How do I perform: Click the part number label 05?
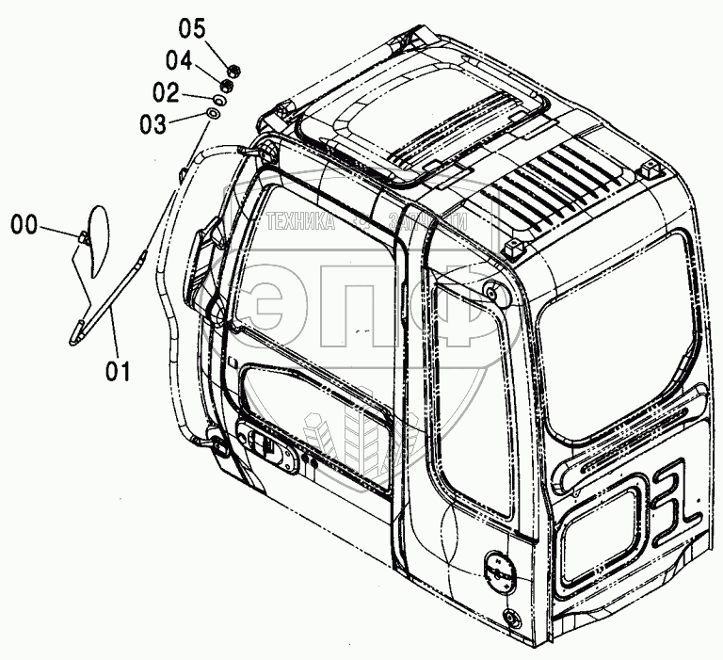pyautogui.click(x=192, y=27)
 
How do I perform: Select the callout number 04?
pyautogui.click(x=179, y=61)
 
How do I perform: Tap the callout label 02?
pyautogui.click(x=166, y=93)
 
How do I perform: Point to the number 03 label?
pyautogui.click(x=153, y=123)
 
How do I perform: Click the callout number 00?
pyautogui.click(x=25, y=224)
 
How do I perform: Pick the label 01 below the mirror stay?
pyautogui.click(x=118, y=372)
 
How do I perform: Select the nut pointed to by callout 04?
pyautogui.click(x=225, y=85)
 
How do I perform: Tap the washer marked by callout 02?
pyautogui.click(x=219, y=99)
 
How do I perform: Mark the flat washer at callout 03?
pyautogui.click(x=214, y=115)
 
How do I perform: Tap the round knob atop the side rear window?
pyautogui.click(x=491, y=293)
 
